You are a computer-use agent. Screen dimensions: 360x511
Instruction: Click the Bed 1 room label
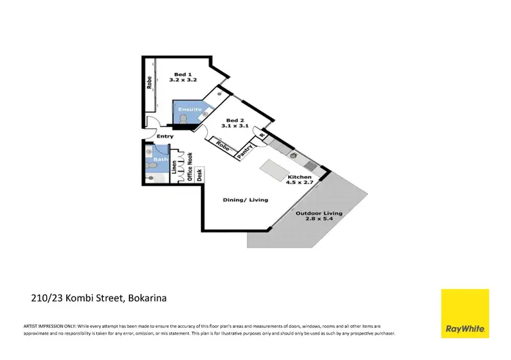pyautogui.click(x=181, y=74)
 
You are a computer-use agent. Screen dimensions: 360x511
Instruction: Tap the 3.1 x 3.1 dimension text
pyautogui.click(x=235, y=125)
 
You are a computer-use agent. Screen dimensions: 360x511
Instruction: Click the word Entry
pyautogui.click(x=165, y=136)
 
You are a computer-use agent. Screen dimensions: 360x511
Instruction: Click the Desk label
pyautogui.click(x=199, y=175)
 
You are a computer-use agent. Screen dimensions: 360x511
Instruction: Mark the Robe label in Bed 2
pyautogui.click(x=221, y=145)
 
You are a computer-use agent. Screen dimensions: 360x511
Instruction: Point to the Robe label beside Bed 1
pyautogui.click(x=149, y=82)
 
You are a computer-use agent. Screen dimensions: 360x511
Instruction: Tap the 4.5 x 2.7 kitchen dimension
pyautogui.click(x=298, y=182)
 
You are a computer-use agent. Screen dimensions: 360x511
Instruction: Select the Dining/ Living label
pyautogui.click(x=246, y=200)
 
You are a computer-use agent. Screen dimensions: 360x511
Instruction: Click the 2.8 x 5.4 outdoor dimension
pyautogui.click(x=319, y=220)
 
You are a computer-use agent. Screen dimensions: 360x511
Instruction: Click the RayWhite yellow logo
pyautogui.click(x=465, y=314)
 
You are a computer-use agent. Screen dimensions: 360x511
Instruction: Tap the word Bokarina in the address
pyautogui.click(x=145, y=298)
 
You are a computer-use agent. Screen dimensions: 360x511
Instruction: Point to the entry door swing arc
pyautogui.click(x=154, y=125)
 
